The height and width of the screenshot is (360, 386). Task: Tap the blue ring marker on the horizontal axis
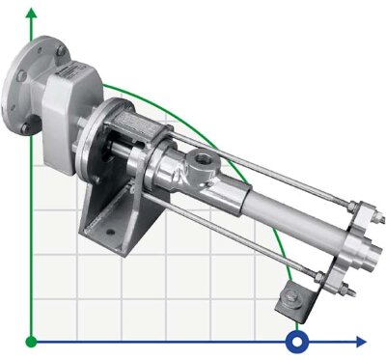[x=298, y=341]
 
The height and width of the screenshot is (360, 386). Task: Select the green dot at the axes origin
[x=32, y=341]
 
